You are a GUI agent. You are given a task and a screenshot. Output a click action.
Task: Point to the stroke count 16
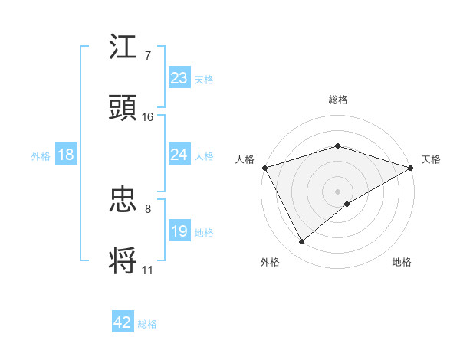click(147, 117)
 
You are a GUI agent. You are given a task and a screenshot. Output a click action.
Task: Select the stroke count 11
click(147, 270)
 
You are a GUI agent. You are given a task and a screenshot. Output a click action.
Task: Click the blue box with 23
click(179, 78)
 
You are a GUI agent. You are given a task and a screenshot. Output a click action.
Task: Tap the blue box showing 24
click(179, 155)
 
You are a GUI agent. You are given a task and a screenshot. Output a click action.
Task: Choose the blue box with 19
click(179, 231)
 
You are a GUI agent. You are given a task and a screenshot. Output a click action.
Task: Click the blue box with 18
click(66, 155)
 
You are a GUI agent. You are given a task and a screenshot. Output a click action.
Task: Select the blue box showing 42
click(123, 322)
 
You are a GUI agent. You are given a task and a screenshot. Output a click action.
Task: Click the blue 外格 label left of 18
click(41, 156)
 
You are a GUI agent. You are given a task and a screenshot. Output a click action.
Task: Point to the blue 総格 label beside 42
click(147, 324)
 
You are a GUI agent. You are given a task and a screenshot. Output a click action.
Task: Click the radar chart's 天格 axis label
click(431, 159)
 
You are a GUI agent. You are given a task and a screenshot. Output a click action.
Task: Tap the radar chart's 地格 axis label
click(402, 263)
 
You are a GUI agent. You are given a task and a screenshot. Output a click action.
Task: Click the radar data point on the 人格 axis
click(264, 167)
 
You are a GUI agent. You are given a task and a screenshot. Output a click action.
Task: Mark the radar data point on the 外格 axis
click(302, 242)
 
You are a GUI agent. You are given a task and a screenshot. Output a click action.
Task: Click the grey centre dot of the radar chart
click(337, 191)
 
